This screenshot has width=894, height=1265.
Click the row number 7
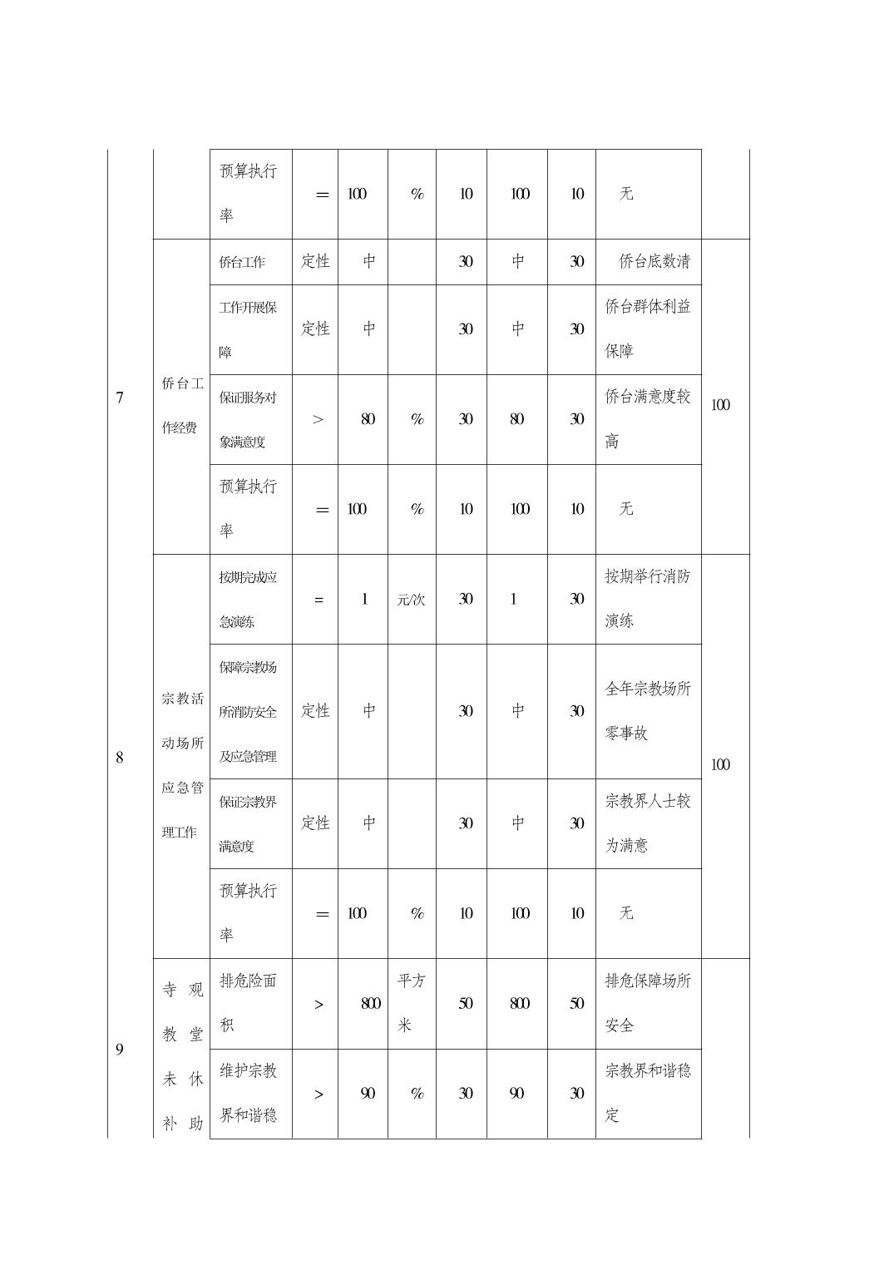[x=120, y=398]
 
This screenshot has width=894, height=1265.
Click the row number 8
[x=120, y=757]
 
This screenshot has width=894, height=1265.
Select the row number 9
[x=120, y=1050]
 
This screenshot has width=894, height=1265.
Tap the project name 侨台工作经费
[x=182, y=405]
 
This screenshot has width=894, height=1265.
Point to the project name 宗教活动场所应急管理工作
[x=182, y=764]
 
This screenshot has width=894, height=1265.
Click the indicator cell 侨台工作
[x=242, y=262]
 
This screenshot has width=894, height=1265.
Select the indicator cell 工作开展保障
[x=248, y=329]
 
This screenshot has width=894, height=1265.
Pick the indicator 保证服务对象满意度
[x=248, y=419]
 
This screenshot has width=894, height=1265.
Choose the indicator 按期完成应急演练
[x=248, y=599]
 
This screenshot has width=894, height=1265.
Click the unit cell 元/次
[x=411, y=600]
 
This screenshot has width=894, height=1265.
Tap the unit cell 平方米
[x=411, y=1003]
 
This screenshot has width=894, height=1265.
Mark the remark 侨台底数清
[x=654, y=262]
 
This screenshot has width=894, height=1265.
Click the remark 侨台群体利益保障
[x=647, y=329]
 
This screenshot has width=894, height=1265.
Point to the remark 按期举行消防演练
[x=647, y=598]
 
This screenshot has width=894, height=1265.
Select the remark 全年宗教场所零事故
[x=647, y=710]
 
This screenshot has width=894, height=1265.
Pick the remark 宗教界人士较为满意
[x=647, y=823]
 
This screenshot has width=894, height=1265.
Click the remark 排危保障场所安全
[x=647, y=1003]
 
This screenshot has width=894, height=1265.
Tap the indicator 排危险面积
[x=248, y=1003]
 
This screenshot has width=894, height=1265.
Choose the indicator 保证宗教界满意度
[x=248, y=823]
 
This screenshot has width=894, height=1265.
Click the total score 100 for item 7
[x=720, y=405]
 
